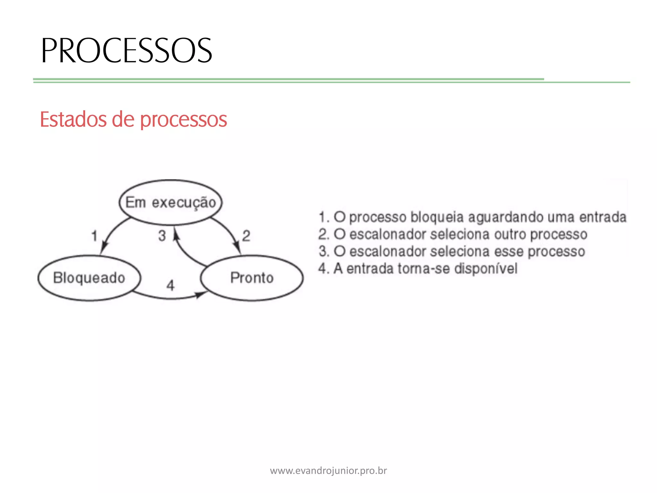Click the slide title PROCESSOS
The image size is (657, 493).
tap(126, 50)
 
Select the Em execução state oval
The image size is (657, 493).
tap(170, 202)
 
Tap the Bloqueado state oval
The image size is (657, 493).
tap(89, 278)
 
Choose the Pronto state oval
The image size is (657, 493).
tap(252, 278)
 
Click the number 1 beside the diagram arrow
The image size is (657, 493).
tap(94, 236)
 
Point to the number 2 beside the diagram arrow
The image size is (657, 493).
tap(246, 236)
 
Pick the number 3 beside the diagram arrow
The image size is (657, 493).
tap(162, 236)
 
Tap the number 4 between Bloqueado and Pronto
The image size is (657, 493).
tap(170, 285)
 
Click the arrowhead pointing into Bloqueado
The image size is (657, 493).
tap(103, 249)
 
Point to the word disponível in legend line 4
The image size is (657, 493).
tap(486, 269)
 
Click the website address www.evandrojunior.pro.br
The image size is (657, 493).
tap(328, 471)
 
